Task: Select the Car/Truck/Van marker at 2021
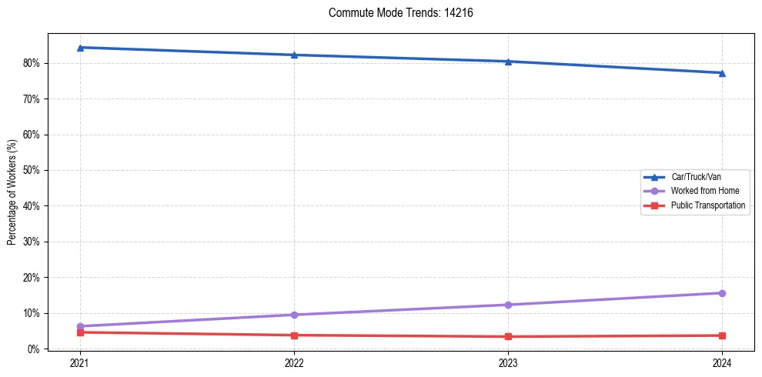point(80,48)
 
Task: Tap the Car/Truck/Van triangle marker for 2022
point(294,55)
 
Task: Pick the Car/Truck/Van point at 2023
point(508,62)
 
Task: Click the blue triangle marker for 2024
point(722,73)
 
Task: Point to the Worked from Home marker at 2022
point(294,315)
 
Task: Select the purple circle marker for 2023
point(508,305)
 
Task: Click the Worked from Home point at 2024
point(722,293)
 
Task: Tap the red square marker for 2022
point(294,335)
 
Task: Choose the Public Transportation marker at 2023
point(508,336)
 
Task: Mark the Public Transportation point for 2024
point(722,335)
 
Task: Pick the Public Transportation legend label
point(707,205)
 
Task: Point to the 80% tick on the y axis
point(33,63)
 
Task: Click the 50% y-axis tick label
point(33,170)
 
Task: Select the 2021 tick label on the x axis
point(80,362)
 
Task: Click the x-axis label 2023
point(508,362)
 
